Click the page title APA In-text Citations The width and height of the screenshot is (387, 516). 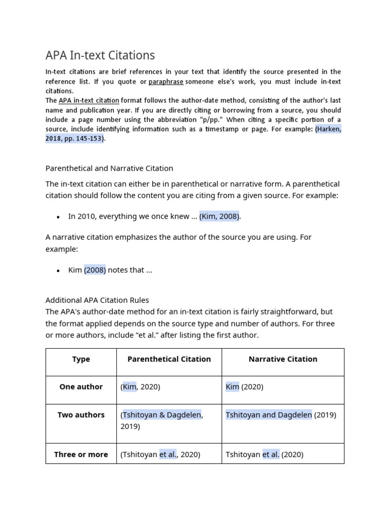(100, 55)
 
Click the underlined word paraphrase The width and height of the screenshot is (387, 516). (166, 82)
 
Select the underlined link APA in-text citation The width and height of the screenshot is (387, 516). (89, 100)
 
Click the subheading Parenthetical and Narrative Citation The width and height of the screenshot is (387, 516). (109, 168)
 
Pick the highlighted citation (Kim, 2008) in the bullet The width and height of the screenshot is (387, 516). (220, 216)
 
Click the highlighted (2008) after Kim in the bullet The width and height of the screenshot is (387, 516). (95, 270)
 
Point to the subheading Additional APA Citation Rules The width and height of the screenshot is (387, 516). (97, 300)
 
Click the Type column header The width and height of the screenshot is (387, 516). (81, 359)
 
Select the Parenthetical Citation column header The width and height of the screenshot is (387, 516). (169, 359)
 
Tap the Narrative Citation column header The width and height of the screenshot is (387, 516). (283, 359)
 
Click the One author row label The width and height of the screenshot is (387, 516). (81, 387)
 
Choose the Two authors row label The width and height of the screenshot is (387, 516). (81, 415)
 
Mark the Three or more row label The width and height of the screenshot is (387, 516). (81, 454)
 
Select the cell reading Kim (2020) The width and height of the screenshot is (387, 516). (244, 387)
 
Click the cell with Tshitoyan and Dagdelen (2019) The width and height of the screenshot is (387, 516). (281, 415)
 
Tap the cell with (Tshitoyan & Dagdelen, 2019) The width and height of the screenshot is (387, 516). (161, 420)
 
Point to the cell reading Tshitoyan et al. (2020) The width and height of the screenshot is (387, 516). (265, 454)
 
